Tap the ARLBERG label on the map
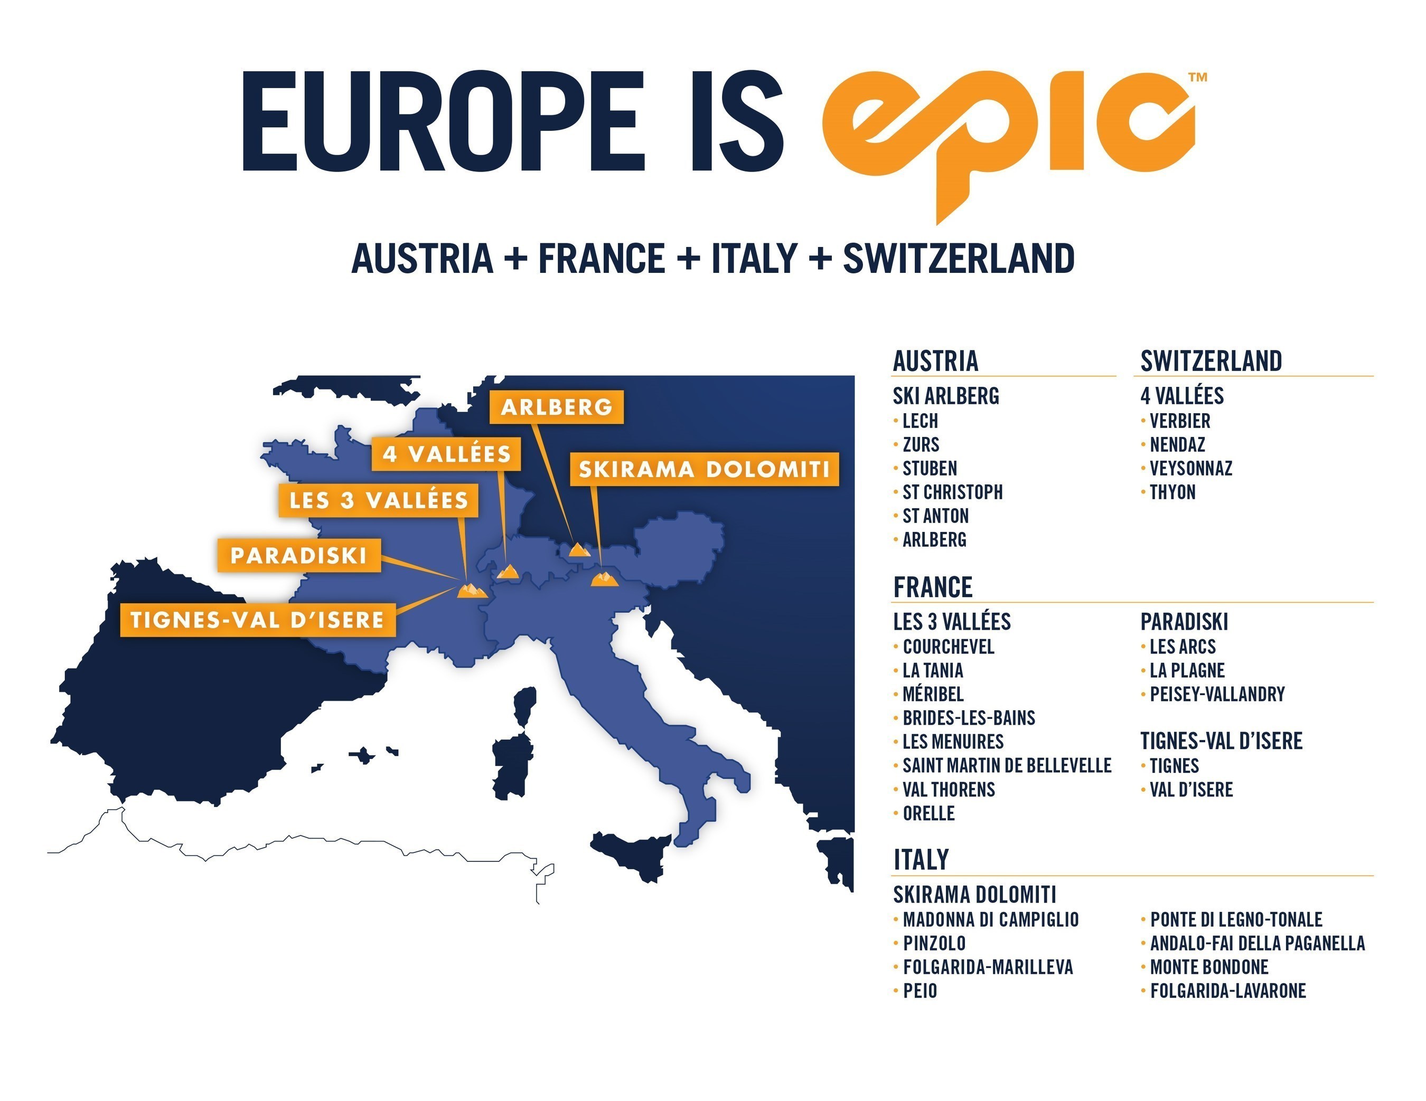point(556,407)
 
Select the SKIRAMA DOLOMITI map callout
point(704,469)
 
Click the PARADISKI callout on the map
point(298,555)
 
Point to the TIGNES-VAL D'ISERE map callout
point(257,619)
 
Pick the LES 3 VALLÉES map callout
point(379,500)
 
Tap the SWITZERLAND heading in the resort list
point(1211,361)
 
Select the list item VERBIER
point(1179,421)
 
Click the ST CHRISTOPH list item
point(952,492)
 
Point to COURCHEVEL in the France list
point(948,647)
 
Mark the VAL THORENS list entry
point(948,790)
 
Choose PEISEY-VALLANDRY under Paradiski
point(1216,695)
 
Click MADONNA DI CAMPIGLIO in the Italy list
point(990,919)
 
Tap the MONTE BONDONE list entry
point(1208,967)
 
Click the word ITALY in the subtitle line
point(754,259)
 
